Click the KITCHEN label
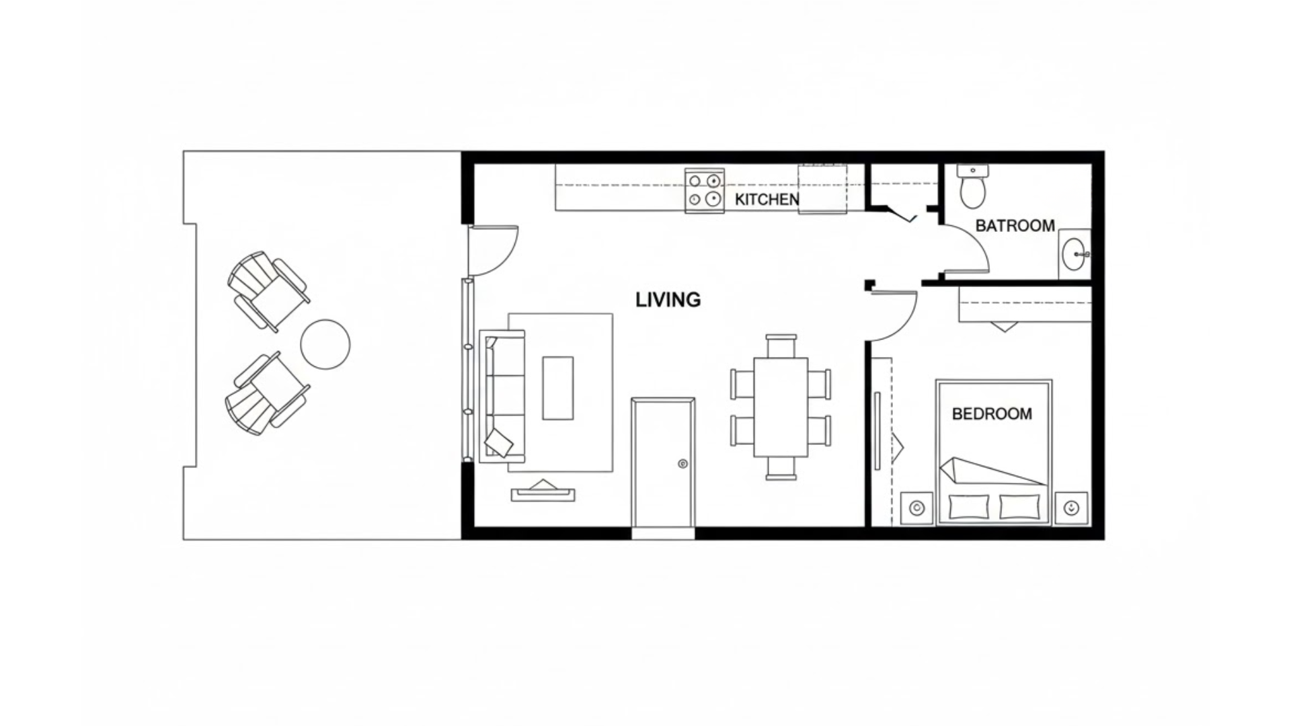(x=767, y=200)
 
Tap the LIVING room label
(x=668, y=300)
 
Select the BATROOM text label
(x=1015, y=226)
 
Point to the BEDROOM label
(x=992, y=414)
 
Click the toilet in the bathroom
(x=972, y=187)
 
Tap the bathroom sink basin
(x=1074, y=255)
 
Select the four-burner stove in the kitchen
(x=704, y=190)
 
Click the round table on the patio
(x=325, y=344)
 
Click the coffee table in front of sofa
(x=557, y=388)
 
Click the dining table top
(x=780, y=407)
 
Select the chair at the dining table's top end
(x=781, y=346)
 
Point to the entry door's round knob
(x=682, y=464)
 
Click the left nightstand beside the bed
(x=916, y=508)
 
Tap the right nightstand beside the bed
(x=1071, y=508)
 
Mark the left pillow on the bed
(x=968, y=507)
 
